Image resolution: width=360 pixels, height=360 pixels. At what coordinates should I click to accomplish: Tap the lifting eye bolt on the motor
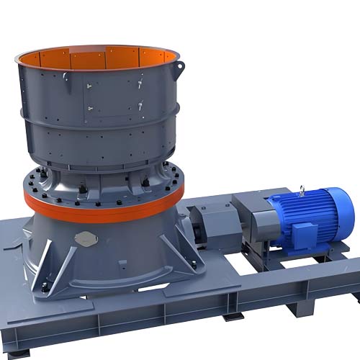click(x=303, y=190)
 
